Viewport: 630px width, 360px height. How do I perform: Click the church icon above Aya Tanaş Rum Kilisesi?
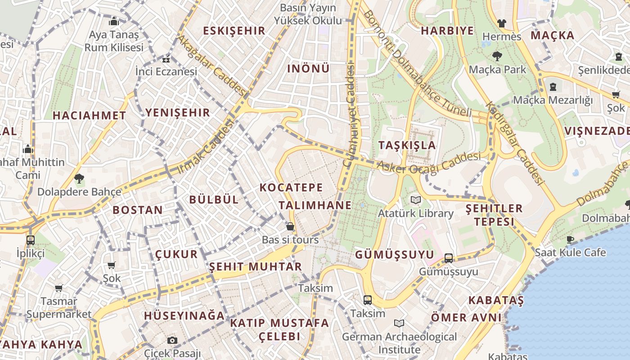click(113, 21)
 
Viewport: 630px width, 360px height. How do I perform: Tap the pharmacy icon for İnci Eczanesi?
click(166, 59)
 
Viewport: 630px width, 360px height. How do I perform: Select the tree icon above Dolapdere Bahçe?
click(79, 179)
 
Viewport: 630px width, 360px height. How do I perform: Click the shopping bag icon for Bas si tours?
click(290, 226)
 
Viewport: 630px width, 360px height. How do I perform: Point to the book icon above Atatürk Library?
click(415, 200)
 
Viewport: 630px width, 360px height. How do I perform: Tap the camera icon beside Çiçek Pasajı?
click(172, 340)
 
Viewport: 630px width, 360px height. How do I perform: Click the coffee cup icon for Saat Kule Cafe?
click(570, 239)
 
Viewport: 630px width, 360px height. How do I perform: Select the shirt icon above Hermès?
click(501, 23)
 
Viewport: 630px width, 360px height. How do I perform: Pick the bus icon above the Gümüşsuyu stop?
click(448, 258)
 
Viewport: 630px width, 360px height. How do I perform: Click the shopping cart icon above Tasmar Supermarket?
click(58, 288)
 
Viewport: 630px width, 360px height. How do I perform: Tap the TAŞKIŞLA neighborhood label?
click(407, 145)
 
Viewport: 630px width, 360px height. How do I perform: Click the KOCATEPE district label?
click(291, 187)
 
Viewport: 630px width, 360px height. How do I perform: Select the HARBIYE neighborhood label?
click(447, 31)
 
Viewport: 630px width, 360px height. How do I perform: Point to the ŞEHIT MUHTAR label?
click(255, 266)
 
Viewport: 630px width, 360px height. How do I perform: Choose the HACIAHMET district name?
click(89, 115)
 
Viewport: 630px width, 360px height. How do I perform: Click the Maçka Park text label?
click(497, 70)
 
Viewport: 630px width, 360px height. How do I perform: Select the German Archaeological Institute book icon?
click(399, 323)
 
